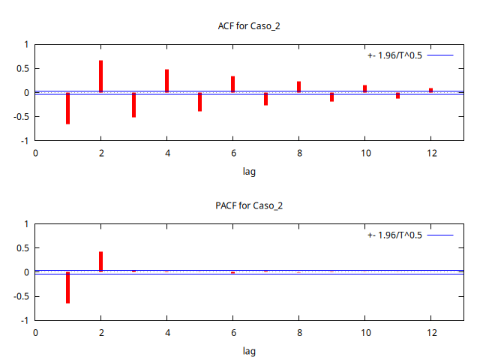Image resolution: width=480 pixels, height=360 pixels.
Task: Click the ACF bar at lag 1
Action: click(x=67, y=108)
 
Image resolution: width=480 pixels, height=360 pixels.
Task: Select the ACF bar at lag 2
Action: click(x=100, y=76)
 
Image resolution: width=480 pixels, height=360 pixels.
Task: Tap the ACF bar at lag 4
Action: click(x=166, y=81)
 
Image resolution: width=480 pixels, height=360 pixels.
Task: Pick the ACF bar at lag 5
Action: click(x=199, y=102)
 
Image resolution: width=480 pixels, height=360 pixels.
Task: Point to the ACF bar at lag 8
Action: click(x=298, y=87)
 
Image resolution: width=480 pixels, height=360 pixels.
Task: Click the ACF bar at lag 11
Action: click(x=397, y=95)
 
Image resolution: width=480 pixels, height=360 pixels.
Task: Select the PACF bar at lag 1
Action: click(x=67, y=287)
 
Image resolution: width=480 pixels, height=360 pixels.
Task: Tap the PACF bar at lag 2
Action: click(x=100, y=262)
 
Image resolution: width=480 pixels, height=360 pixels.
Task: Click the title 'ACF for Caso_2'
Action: click(x=249, y=26)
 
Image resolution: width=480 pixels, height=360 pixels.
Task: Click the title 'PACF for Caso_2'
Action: click(x=249, y=205)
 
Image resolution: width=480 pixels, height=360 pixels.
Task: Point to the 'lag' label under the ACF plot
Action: click(x=249, y=172)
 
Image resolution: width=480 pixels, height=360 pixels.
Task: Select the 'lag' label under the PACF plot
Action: click(x=249, y=351)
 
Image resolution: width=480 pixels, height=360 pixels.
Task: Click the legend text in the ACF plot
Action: click(x=394, y=55)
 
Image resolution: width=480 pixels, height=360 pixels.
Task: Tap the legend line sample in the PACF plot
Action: click(x=440, y=235)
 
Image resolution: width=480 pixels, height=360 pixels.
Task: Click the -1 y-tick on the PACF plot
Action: click(x=23, y=320)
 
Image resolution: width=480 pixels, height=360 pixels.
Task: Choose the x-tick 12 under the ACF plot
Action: click(x=430, y=153)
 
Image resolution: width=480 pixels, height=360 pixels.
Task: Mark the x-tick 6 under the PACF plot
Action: click(x=232, y=332)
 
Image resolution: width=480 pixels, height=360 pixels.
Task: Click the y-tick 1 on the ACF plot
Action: click(x=25, y=44)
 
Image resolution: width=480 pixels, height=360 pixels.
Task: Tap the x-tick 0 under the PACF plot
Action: click(x=34, y=332)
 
